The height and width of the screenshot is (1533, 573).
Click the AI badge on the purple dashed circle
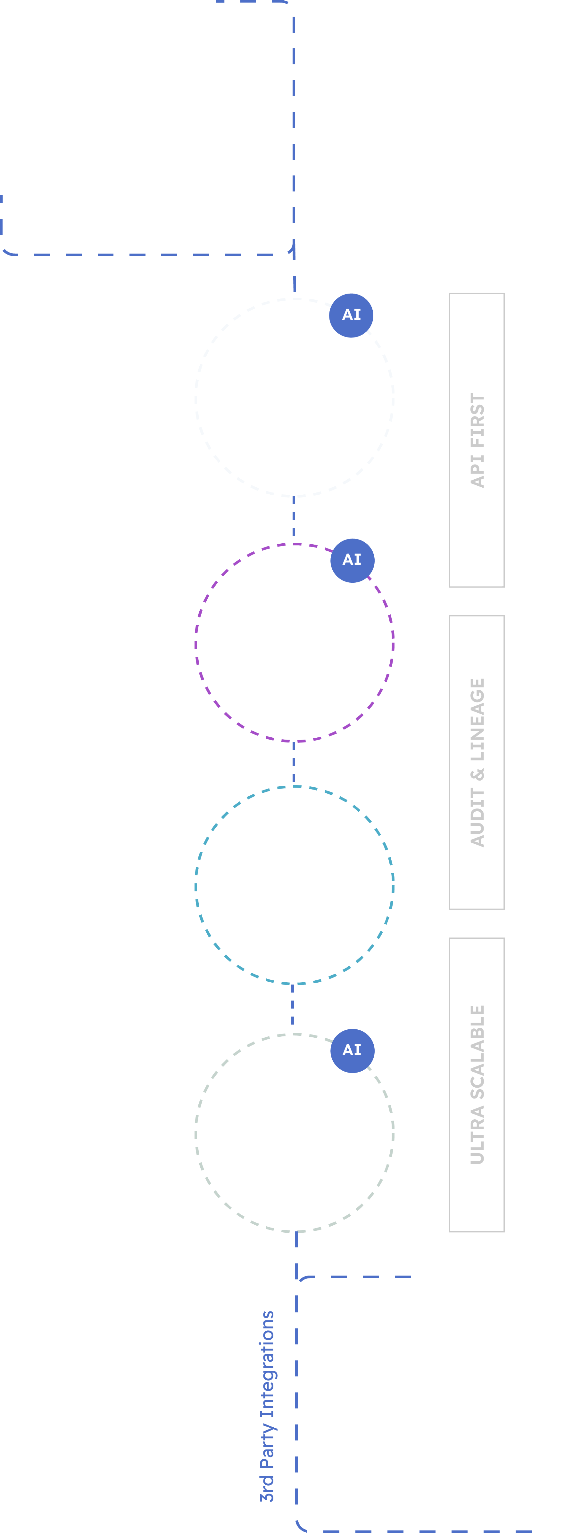[352, 560]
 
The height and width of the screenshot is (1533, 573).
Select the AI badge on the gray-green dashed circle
[352, 1050]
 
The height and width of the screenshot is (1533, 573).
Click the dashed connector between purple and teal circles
[294, 764]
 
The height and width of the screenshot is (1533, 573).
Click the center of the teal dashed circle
[294, 886]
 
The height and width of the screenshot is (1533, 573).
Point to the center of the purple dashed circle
[294, 643]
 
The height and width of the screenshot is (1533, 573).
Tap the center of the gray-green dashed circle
[294, 1132]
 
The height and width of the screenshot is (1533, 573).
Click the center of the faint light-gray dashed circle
[294, 397]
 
